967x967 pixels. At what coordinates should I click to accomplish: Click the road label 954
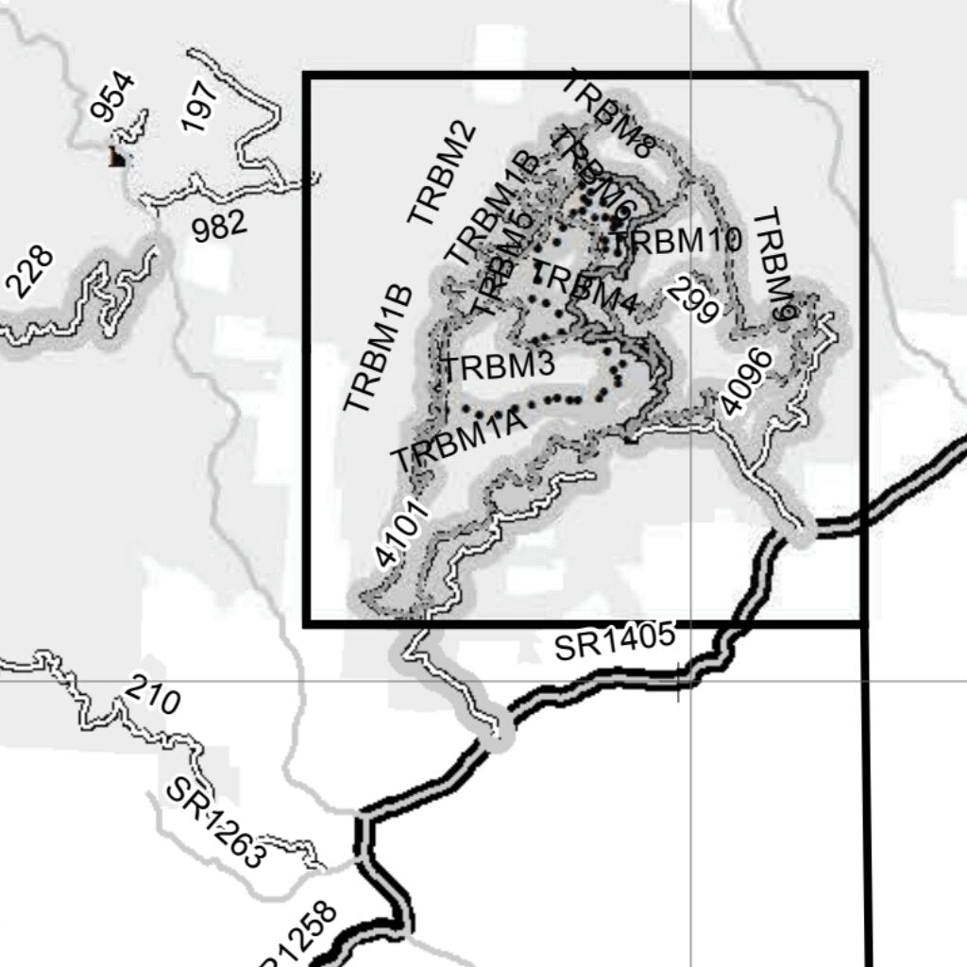[113, 97]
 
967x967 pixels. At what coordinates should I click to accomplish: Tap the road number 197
[200, 106]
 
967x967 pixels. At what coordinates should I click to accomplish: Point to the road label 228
[29, 272]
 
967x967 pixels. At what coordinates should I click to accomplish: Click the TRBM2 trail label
[441, 175]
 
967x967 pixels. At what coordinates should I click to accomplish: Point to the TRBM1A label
[458, 445]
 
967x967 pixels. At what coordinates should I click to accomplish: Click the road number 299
[694, 299]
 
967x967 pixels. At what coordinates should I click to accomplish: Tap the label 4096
[745, 382]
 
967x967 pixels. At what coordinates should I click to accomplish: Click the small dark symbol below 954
[117, 158]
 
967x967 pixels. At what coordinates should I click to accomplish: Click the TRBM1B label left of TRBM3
[378, 348]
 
